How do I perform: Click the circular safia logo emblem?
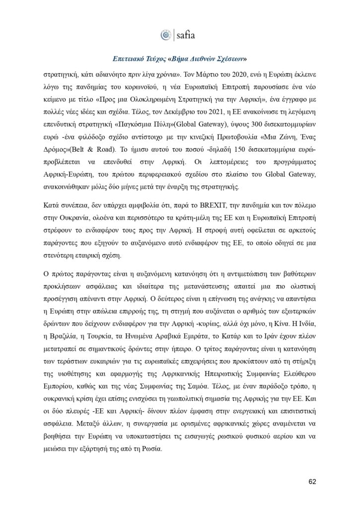(166, 34)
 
